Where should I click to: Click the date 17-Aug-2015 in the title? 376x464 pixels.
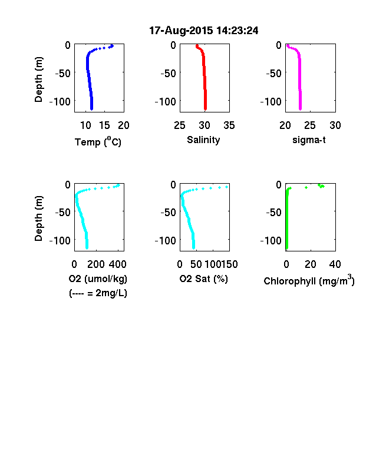coord(181,31)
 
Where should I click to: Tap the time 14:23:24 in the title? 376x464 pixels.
coord(238,31)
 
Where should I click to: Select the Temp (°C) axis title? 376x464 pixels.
coord(98,142)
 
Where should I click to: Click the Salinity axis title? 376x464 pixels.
coord(203,140)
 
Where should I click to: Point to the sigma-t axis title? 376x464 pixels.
coord(309,140)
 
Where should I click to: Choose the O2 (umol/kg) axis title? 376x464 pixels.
coord(98,279)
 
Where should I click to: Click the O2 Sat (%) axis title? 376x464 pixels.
coord(204,279)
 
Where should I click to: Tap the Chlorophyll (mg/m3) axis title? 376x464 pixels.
coord(309,280)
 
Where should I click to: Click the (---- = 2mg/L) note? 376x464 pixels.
coord(98,293)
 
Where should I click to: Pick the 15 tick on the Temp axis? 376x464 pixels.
coord(104,125)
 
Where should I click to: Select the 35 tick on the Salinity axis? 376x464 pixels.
coord(229,125)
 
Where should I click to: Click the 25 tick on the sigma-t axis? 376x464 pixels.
coord(310,125)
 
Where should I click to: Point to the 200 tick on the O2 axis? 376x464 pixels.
coord(96,264)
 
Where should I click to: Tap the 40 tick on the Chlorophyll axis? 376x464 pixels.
coord(335,264)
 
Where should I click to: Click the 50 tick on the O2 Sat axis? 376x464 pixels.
coord(196,264)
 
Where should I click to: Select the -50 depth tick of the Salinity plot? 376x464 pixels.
coord(168,73)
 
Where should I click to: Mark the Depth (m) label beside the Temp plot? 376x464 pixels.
coord(38,79)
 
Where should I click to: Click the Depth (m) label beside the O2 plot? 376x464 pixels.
coord(38,218)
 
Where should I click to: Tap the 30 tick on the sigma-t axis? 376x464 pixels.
coord(335,125)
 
